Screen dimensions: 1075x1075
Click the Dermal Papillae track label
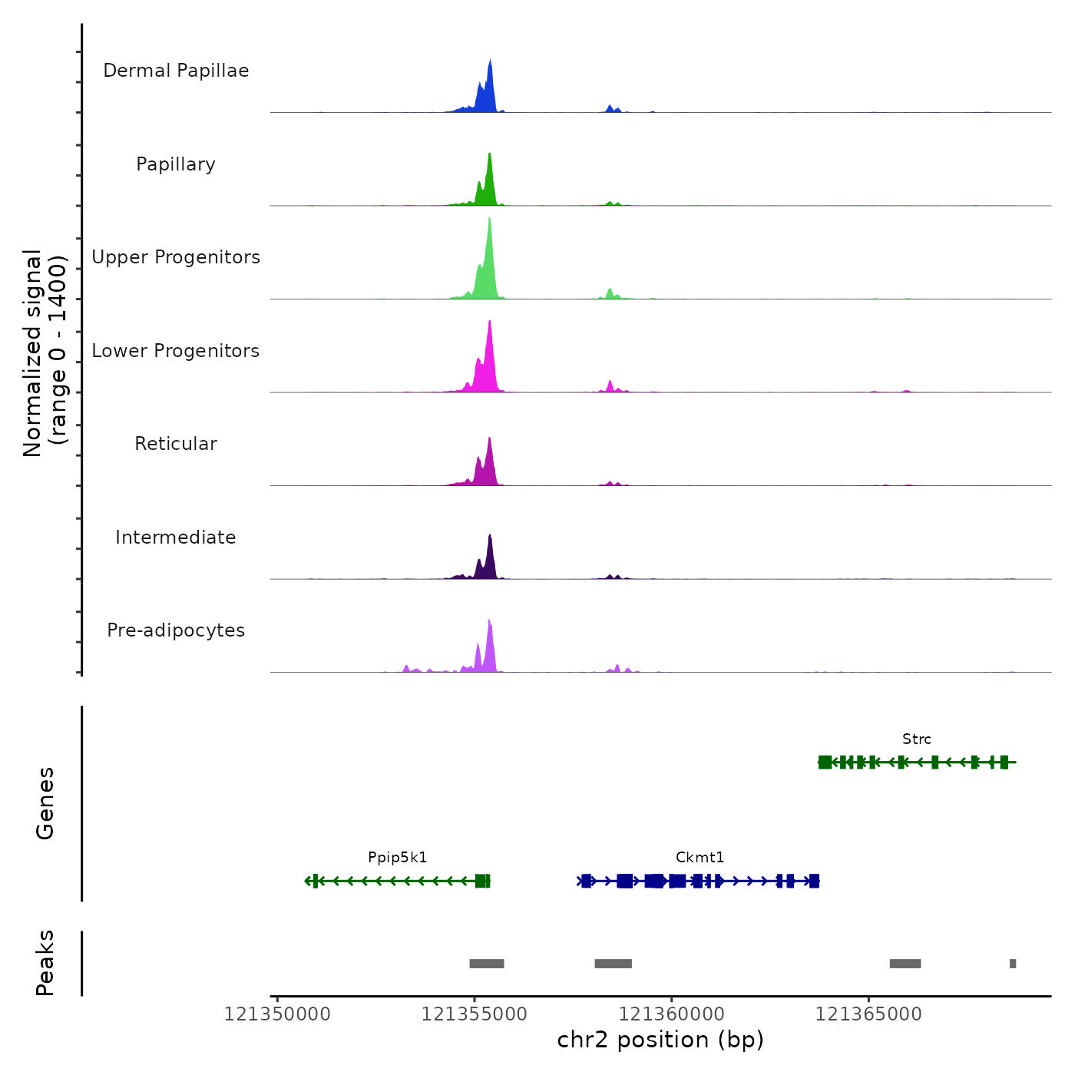176,71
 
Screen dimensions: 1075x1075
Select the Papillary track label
176,164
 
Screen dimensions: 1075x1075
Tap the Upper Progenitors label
176,257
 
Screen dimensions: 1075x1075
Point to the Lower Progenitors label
176,351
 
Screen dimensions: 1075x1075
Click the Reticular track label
176,444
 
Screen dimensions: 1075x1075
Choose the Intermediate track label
176,537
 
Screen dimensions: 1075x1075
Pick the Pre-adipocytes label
176,630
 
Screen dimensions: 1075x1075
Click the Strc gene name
917,739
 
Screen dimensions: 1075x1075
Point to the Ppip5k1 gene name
397,858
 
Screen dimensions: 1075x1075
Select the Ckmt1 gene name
700,858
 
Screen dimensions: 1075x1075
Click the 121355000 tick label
475,1014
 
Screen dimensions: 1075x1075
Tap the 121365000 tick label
868,1014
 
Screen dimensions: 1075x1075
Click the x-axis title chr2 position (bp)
660,1040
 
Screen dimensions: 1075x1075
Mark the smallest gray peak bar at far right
1013,964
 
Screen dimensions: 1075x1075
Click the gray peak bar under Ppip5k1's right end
487,964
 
